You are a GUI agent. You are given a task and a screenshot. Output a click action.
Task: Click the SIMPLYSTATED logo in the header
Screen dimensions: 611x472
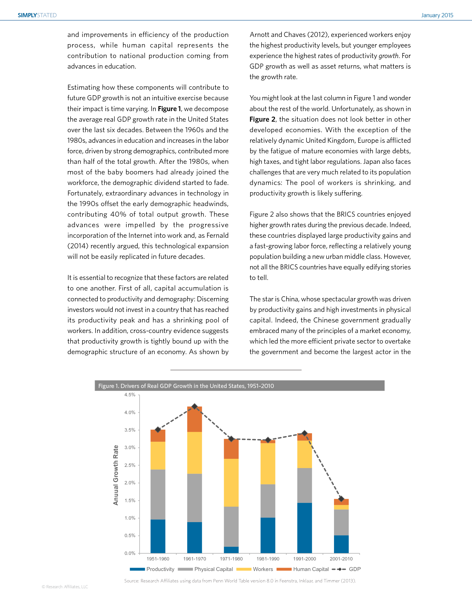(37, 15)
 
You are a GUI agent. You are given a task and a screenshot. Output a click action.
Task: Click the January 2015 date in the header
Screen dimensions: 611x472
(437, 15)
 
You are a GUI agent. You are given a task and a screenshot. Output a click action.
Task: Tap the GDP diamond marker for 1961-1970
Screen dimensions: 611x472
(195, 406)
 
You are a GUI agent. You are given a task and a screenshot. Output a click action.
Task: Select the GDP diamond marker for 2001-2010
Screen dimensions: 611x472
(341, 499)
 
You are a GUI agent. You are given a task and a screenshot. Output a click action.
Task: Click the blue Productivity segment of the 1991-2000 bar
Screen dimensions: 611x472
(305, 528)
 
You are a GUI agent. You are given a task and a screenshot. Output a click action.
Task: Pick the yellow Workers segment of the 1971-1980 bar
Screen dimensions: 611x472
(231, 482)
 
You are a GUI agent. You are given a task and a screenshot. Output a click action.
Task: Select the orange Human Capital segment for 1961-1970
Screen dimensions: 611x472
(195, 419)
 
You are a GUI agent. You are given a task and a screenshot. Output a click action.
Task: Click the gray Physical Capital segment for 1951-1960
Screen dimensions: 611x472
(158, 494)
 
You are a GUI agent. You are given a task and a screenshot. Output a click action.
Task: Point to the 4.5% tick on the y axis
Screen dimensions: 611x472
(130, 395)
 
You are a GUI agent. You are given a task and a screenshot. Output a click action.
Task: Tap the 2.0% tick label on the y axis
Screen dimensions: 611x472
(130, 483)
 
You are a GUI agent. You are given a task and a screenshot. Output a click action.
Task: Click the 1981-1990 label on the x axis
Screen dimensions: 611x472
(268, 559)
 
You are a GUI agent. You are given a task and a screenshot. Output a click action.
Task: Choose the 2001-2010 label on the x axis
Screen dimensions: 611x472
(341, 559)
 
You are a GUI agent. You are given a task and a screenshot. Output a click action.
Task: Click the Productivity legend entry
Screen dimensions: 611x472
(152, 569)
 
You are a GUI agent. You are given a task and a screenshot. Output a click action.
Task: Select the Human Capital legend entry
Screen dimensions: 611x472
(303, 569)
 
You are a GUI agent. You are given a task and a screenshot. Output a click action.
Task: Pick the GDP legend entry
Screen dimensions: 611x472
(347, 569)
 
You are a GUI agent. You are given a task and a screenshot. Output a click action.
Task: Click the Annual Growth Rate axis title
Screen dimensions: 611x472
(116, 475)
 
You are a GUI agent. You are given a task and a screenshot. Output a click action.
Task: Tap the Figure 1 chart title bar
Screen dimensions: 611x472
(239, 386)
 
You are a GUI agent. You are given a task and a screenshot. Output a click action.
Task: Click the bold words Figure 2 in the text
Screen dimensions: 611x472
(262, 119)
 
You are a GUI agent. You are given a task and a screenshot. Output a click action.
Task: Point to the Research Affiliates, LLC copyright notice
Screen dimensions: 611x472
(65, 587)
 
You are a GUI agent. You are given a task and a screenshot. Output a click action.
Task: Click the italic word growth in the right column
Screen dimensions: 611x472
(388, 56)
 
